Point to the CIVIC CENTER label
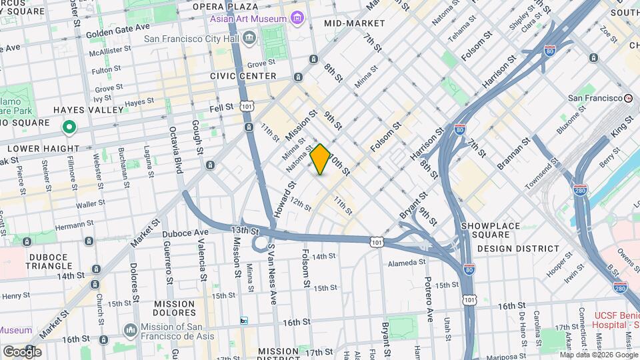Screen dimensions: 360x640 (243, 76)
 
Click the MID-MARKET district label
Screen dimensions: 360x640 (355, 23)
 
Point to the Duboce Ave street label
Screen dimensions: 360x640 (186, 232)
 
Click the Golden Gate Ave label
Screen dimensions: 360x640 (118, 28)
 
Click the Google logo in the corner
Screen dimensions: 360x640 (22, 351)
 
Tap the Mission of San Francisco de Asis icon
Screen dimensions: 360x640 (131, 329)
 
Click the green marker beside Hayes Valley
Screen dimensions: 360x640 (68, 126)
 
